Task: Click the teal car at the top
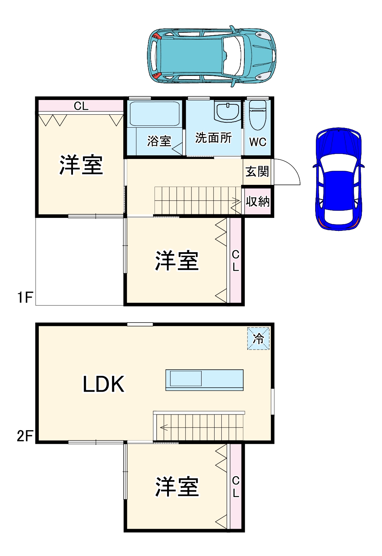pos(212,56)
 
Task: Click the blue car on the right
pos(339,179)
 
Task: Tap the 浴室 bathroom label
pos(159,141)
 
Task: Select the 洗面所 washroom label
pos(213,137)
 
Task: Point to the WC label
pos(258,142)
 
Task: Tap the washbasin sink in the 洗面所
pos(227,111)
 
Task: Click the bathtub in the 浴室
pos(155,114)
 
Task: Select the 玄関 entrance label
pos(257,172)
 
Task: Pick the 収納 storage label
pos(257,202)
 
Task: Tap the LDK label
pos(103,384)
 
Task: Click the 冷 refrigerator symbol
pos(258,338)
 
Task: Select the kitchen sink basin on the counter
pos(185,379)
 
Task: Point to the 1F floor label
pos(25,297)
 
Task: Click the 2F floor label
pos(25,436)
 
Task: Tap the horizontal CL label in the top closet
pos(81,106)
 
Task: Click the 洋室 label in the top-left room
pos(81,165)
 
